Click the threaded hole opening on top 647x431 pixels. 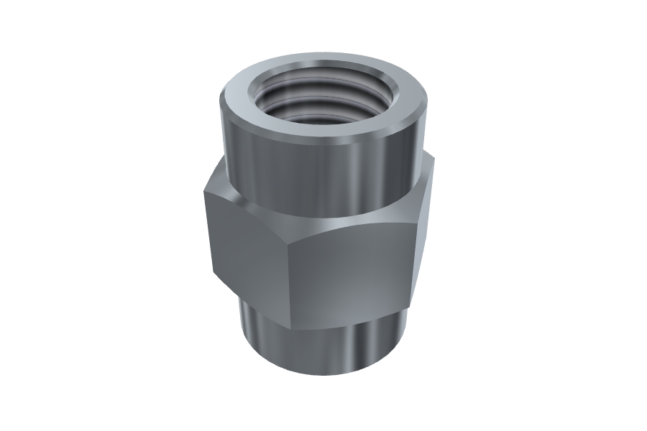click(x=322, y=97)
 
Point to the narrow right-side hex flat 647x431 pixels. click(x=424, y=215)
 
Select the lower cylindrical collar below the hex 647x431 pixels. click(x=323, y=345)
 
